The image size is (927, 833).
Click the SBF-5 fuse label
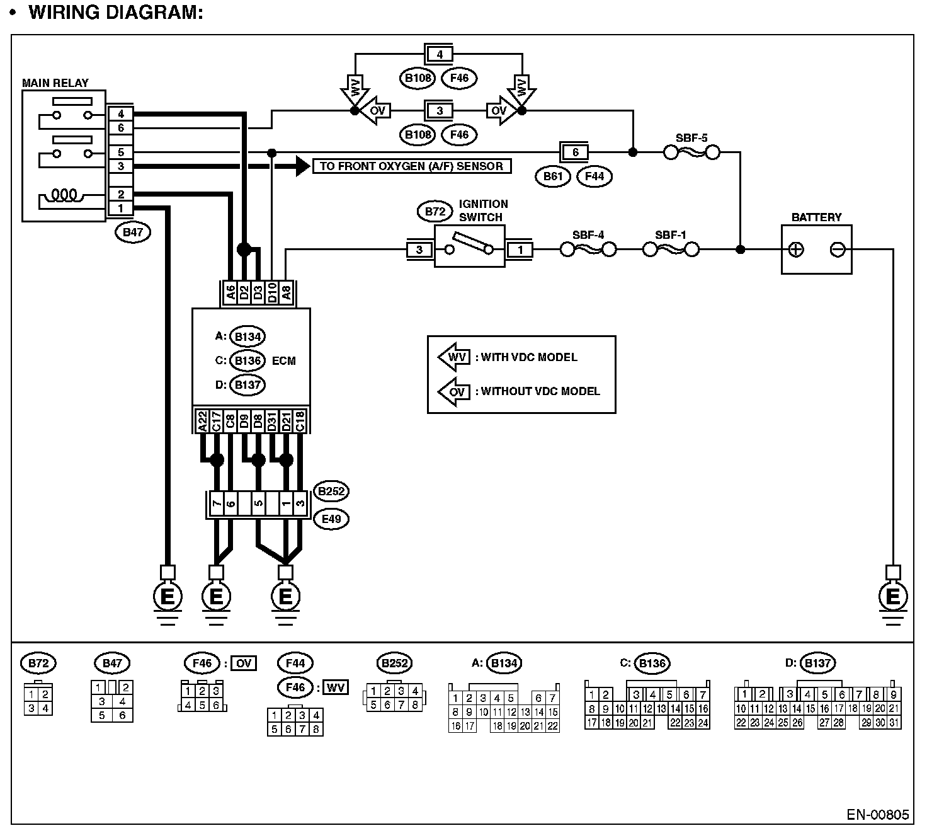[x=691, y=137]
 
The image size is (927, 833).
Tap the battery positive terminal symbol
[x=797, y=250]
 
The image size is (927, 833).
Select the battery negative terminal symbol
[x=838, y=250]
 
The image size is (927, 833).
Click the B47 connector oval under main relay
[x=133, y=232]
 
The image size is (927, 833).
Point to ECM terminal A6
[x=230, y=292]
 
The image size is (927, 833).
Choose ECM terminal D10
[x=272, y=292]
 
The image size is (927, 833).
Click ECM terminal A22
[x=202, y=421]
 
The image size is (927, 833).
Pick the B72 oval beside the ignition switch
[x=435, y=212]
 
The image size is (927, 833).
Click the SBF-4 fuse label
[x=588, y=235]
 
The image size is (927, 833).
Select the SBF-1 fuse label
[x=671, y=235]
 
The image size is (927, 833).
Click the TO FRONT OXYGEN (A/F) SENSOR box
[x=412, y=166]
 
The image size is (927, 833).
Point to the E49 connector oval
[x=331, y=519]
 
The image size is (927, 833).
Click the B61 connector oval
[x=553, y=176]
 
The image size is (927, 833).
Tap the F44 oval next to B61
[x=594, y=176]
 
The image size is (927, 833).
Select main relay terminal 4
[x=120, y=114]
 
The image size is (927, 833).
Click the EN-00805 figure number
[x=877, y=815]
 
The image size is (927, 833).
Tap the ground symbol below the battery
[x=892, y=597]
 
